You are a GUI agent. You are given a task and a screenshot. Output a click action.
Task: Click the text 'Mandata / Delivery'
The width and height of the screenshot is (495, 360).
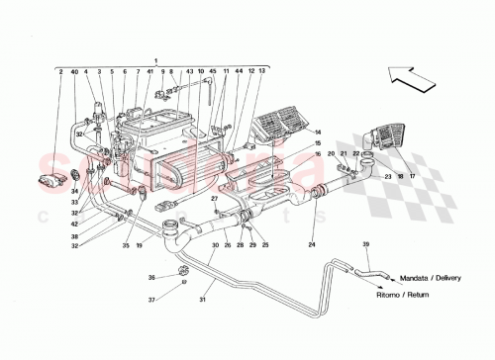click(x=427, y=279)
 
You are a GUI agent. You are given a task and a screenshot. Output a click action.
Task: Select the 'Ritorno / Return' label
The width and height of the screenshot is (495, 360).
click(x=420, y=294)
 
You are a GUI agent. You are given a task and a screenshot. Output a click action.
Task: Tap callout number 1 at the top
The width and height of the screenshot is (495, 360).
click(x=154, y=58)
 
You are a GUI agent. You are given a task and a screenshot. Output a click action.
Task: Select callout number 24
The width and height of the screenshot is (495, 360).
click(x=310, y=244)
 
